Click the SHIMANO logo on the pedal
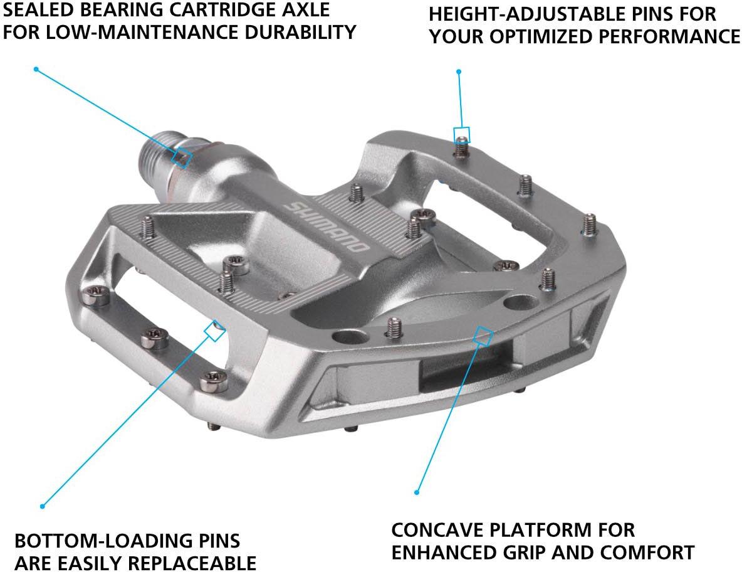pos(327,227)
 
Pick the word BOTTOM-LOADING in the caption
pos(97,541)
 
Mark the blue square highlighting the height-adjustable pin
pos(462,135)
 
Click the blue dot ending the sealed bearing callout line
pos(36,69)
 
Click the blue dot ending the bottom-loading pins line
pos(43,506)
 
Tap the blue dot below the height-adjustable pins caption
pos(459,71)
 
